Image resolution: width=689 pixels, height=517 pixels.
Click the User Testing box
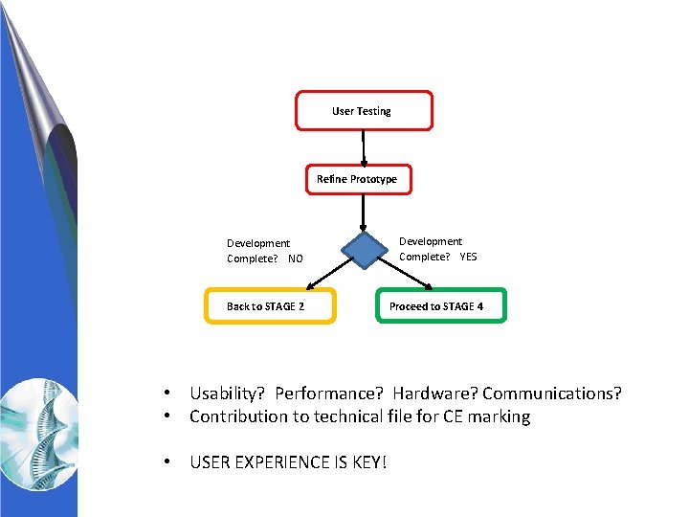(x=364, y=111)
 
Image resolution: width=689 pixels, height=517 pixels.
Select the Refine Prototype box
(x=358, y=179)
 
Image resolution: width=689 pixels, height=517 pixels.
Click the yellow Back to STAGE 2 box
(x=270, y=306)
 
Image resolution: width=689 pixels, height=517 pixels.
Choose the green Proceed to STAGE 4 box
(x=440, y=306)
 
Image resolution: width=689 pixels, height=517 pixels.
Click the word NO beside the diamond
(x=295, y=258)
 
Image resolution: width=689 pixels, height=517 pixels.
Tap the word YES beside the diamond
(x=468, y=257)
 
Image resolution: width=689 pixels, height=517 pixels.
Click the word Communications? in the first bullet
(x=552, y=393)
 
